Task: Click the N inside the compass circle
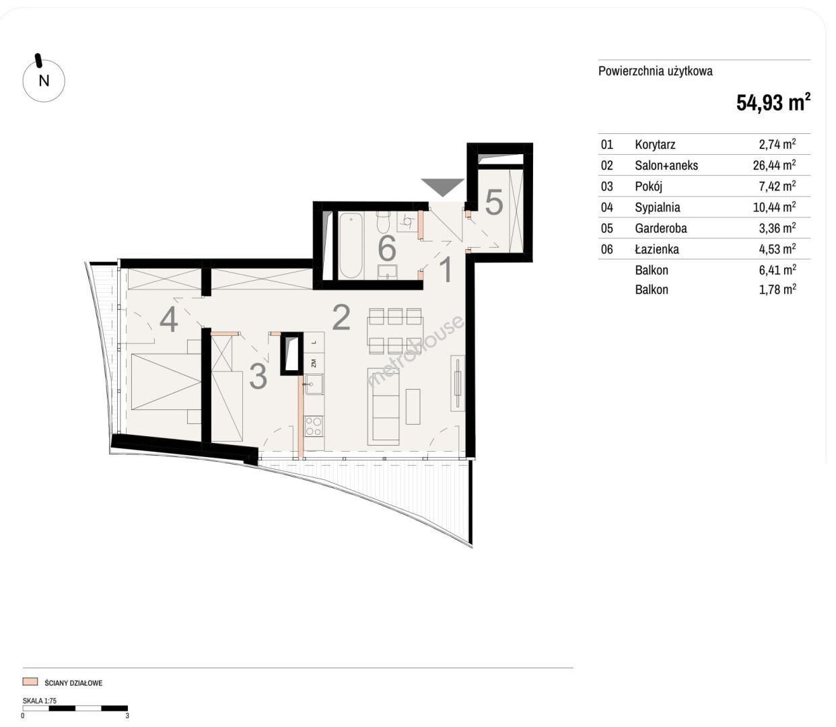coord(44,81)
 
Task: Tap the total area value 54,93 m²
coord(773,102)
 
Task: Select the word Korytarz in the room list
coord(655,145)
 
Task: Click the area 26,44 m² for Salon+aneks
coord(774,165)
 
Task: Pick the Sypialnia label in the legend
coord(658,207)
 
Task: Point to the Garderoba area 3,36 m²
coord(777,228)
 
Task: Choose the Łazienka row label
coord(657,249)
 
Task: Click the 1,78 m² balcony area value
coord(777,289)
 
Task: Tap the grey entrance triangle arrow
coord(442,186)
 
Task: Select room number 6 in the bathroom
coord(386,248)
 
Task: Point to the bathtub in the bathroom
coord(351,245)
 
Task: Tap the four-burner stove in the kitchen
coord(314,426)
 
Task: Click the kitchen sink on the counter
coord(314,384)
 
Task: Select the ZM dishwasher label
coord(314,362)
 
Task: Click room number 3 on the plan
coord(258,376)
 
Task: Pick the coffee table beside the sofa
coord(413,406)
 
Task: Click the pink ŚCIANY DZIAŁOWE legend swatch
coord(30,681)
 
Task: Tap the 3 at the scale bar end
coord(127,716)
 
